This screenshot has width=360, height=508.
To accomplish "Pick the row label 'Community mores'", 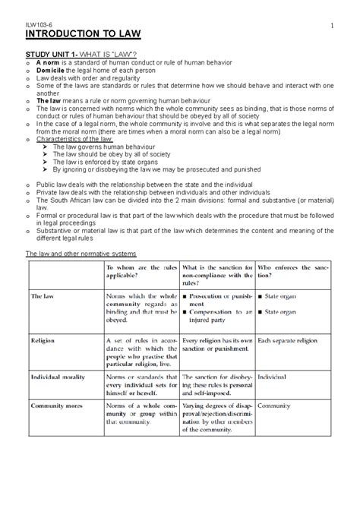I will click(x=56, y=406).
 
